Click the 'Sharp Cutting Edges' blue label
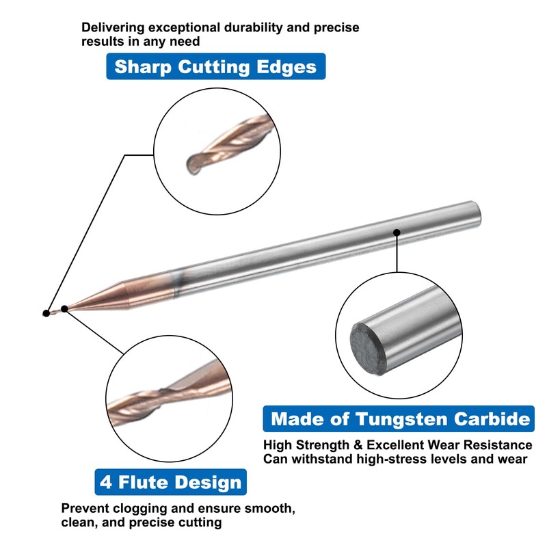click(x=215, y=67)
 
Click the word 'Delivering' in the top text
click(x=112, y=28)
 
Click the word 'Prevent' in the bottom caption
click(x=88, y=509)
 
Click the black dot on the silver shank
click(x=397, y=233)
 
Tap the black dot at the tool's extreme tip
click(x=46, y=313)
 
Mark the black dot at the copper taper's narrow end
click(x=64, y=308)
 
